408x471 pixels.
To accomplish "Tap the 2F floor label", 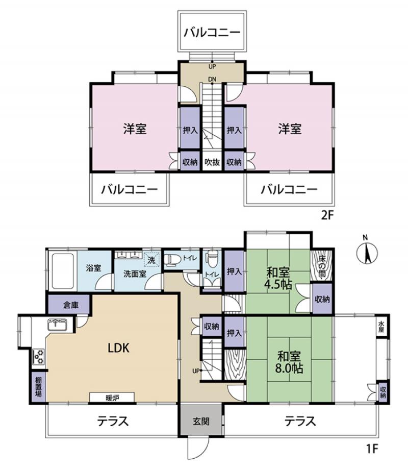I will pyautogui.click(x=327, y=215).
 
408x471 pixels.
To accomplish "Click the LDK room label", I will pyautogui.click(x=120, y=348).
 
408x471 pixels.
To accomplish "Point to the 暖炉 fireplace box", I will pyautogui.click(x=112, y=396).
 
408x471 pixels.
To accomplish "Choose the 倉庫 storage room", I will pyautogui.click(x=70, y=305).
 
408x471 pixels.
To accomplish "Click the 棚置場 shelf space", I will pyautogui.click(x=38, y=386).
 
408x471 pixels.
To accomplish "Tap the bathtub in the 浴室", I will pyautogui.click(x=62, y=270).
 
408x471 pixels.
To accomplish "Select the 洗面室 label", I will pyautogui.click(x=135, y=273).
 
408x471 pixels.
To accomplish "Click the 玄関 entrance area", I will pyautogui.click(x=200, y=422).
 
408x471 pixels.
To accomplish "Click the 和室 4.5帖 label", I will pyautogui.click(x=278, y=278).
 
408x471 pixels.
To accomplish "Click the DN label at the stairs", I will pyautogui.click(x=211, y=79).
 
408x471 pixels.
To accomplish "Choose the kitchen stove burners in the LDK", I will pyautogui.click(x=39, y=356).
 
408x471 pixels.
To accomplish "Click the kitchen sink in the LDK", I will pyautogui.click(x=59, y=324).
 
